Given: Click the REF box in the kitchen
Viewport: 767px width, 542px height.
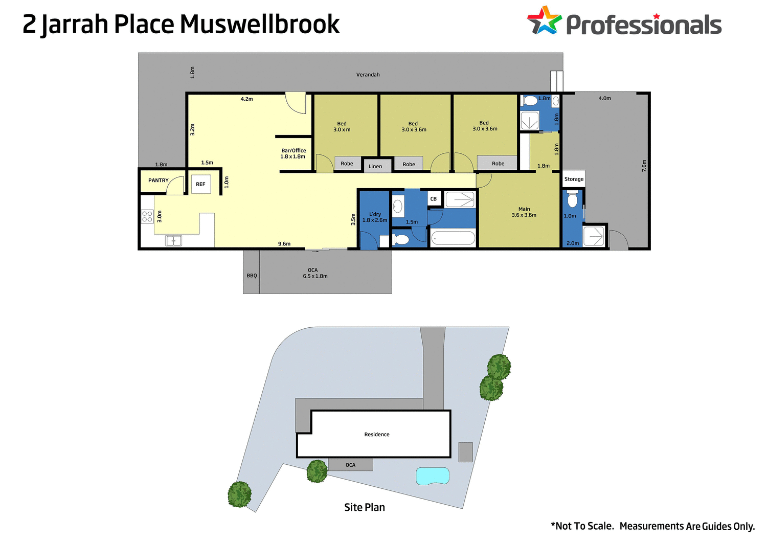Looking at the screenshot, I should tap(200, 184).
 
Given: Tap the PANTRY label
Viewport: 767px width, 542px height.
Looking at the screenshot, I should tap(159, 180).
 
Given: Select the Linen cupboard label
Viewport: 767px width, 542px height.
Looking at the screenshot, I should tap(375, 166).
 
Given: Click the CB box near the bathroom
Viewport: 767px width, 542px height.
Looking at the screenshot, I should tap(434, 199).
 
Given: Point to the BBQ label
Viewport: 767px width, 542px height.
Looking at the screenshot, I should tap(252, 276).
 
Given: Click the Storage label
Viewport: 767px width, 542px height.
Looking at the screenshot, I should tap(574, 179).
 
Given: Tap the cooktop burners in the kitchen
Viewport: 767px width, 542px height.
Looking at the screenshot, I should tap(147, 216).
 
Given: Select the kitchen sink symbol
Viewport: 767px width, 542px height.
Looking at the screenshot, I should tap(173, 240).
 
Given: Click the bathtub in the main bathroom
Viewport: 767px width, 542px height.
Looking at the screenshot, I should tap(453, 238).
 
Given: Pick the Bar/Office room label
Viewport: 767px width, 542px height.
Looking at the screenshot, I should tap(294, 153).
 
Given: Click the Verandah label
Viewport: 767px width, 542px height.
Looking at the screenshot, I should tap(368, 75).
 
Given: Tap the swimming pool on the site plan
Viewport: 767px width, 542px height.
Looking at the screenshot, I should tap(433, 476).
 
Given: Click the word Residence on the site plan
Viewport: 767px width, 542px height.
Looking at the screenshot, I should tap(377, 435).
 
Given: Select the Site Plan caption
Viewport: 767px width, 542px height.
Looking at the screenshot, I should tap(365, 507).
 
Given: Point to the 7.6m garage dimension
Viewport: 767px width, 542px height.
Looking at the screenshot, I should tap(644, 166).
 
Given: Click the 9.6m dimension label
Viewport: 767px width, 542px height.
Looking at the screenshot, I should tap(284, 244).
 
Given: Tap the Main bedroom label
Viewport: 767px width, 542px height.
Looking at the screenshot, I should tap(524, 212).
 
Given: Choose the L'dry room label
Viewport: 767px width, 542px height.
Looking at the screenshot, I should tap(375, 217).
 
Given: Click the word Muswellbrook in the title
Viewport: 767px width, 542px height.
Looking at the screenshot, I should tap(260, 25).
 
